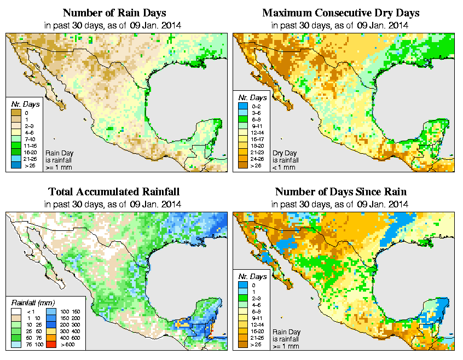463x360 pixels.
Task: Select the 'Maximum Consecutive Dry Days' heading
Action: coord(341,12)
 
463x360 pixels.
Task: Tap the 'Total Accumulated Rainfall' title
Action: coord(114,192)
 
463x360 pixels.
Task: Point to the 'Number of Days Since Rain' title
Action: coord(341,192)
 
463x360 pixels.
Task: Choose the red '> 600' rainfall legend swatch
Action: coord(51,345)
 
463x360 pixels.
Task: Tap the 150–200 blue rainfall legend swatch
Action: coord(51,318)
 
